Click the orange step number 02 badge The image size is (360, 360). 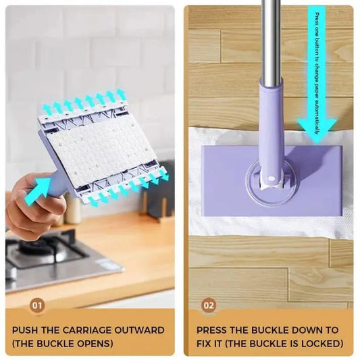[209, 305]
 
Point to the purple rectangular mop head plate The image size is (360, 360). [223, 182]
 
